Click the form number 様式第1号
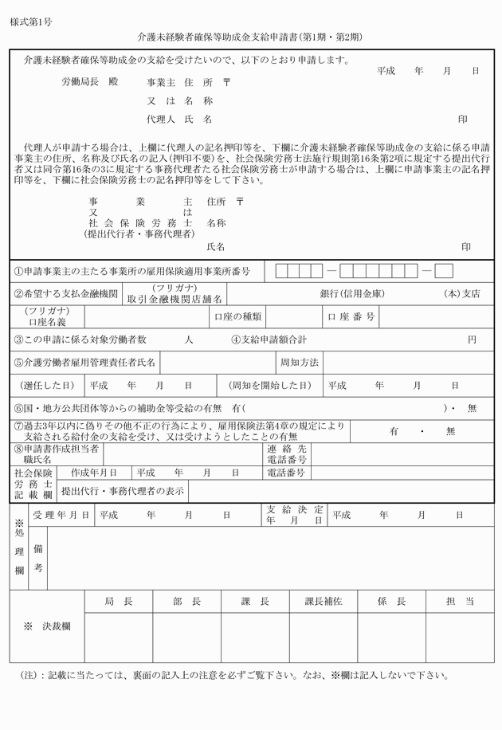(33, 22)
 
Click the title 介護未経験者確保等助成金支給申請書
(218, 37)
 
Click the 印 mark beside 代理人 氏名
(462, 120)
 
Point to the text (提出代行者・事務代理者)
(139, 234)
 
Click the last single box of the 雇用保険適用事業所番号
(444, 271)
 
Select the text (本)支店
(461, 293)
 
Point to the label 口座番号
(351, 317)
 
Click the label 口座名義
(47, 322)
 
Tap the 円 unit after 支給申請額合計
(472, 339)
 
